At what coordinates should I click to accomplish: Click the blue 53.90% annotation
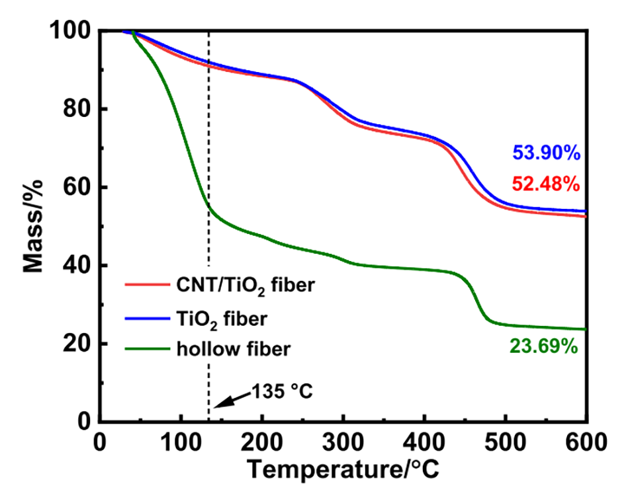[546, 154]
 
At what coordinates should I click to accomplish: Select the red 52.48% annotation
[546, 184]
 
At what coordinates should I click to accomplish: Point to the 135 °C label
[281, 392]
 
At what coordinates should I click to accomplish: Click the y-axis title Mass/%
[34, 225]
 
